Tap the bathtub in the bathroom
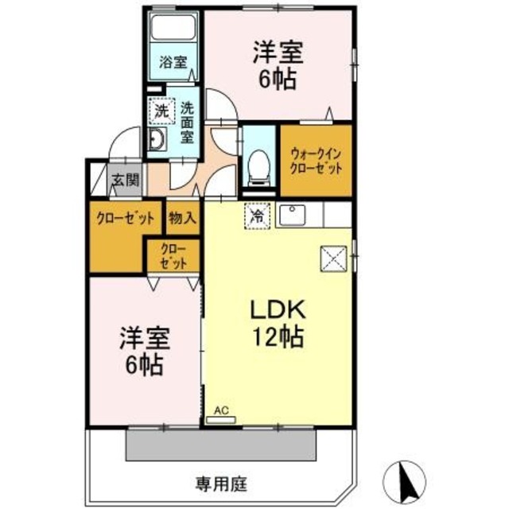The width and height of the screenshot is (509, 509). click(x=173, y=33)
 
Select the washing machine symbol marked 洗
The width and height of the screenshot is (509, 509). click(x=161, y=112)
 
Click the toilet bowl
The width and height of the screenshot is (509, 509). click(x=257, y=165)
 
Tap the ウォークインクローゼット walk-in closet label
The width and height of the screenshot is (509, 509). click(x=316, y=161)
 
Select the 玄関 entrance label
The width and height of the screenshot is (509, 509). click(x=124, y=180)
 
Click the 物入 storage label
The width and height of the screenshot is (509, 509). click(x=183, y=218)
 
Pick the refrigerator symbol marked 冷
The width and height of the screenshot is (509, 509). click(x=258, y=215)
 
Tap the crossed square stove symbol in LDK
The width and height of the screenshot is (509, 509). click(x=332, y=258)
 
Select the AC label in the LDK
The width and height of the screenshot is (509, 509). click(x=221, y=410)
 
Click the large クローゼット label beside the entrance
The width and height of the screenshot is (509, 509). click(x=124, y=218)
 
